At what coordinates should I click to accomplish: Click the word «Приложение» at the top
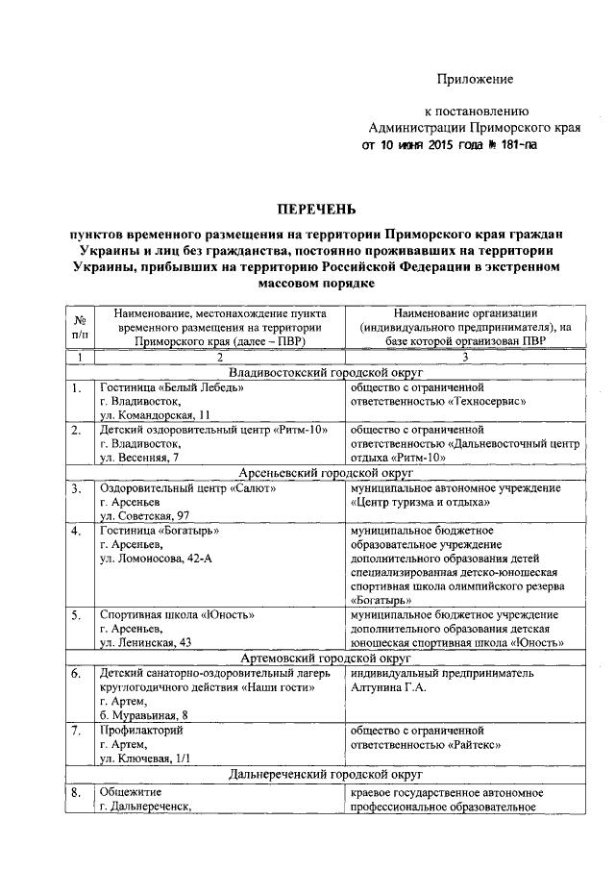[x=475, y=78]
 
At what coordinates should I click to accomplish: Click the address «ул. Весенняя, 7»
[x=139, y=459]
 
